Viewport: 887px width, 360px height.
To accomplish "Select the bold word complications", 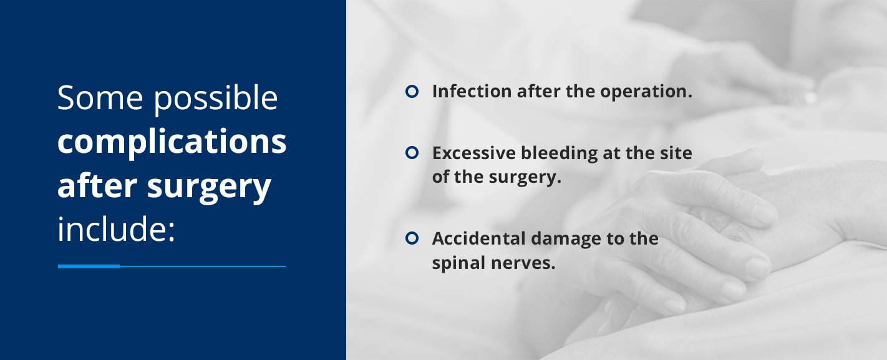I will click(x=172, y=143).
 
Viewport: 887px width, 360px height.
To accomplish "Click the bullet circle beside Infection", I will click(x=412, y=91).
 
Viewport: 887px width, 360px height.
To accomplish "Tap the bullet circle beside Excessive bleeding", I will click(x=412, y=152).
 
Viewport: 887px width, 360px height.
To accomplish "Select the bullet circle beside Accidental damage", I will click(x=412, y=238).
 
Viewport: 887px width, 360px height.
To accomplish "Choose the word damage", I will click(x=573, y=239).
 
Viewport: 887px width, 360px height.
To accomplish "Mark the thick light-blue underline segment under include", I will click(x=89, y=266).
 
